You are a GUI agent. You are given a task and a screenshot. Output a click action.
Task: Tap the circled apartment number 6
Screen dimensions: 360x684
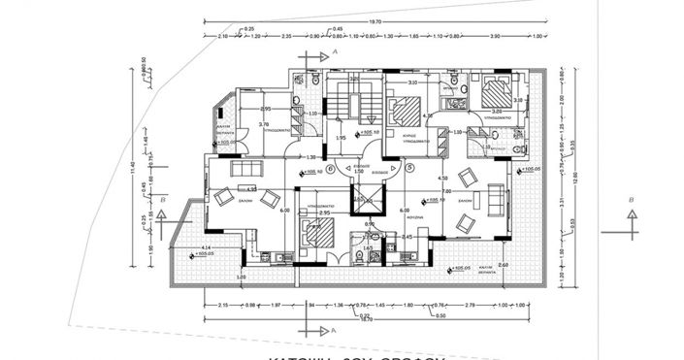(330, 168)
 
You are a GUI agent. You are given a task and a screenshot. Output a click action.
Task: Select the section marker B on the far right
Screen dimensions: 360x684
(632, 200)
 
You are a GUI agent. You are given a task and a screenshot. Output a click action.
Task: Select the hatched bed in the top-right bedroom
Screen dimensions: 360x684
(497, 94)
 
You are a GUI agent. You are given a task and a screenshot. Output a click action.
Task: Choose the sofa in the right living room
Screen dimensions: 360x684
(499, 200)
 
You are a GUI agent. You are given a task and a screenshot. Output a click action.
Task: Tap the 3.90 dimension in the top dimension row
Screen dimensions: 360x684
(496, 38)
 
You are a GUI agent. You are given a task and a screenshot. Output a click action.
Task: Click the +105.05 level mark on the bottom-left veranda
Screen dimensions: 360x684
(203, 254)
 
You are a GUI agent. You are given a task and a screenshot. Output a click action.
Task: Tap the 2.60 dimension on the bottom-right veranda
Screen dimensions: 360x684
(503, 264)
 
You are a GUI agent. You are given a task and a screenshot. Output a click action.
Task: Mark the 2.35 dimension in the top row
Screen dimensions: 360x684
(287, 38)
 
